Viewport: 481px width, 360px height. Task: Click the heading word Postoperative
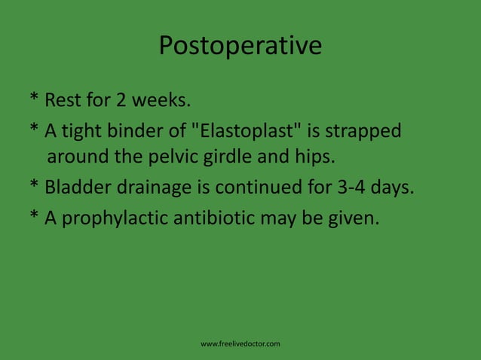(240, 47)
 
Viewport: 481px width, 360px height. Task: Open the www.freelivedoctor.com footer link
(240, 344)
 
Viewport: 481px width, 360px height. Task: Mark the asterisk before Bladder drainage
(35, 186)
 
